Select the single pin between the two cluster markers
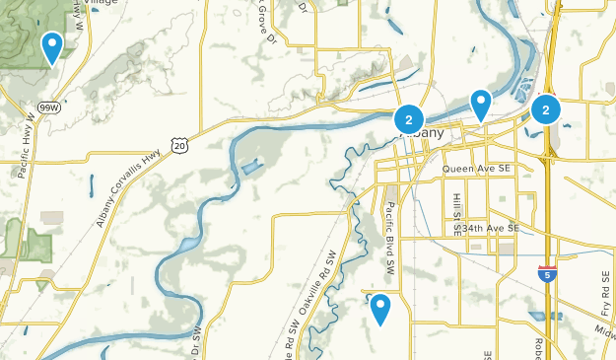(x=481, y=103)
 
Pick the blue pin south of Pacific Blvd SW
(x=380, y=310)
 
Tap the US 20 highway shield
(x=178, y=144)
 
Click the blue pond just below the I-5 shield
(x=537, y=317)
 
